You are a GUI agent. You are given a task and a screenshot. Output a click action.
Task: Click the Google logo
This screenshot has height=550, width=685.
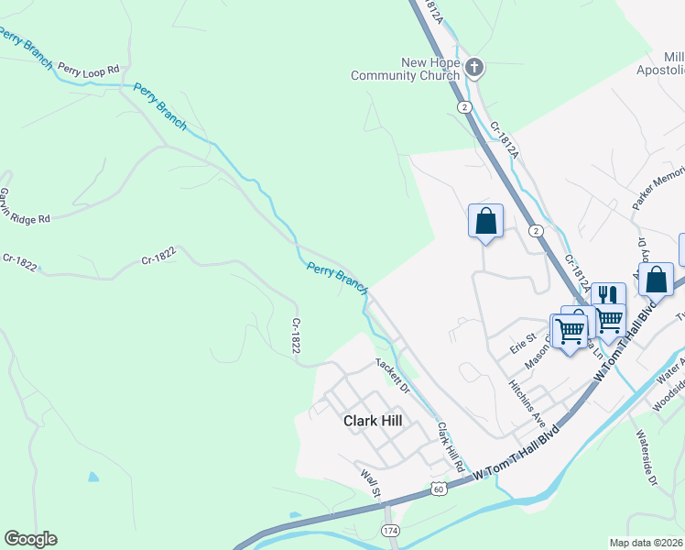[x=30, y=539]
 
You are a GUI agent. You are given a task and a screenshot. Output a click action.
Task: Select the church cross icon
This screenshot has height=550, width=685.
[x=474, y=67]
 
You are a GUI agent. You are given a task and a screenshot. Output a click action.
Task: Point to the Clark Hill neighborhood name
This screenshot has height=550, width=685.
[x=373, y=421]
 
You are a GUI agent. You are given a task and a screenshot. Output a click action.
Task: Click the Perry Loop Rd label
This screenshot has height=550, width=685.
[x=89, y=69]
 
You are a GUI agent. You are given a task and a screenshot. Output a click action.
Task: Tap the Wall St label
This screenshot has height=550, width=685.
[x=371, y=485]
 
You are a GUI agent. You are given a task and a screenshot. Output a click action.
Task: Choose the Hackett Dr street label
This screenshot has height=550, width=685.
[x=392, y=375]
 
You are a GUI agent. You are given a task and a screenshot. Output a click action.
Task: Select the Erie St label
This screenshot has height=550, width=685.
[x=522, y=346]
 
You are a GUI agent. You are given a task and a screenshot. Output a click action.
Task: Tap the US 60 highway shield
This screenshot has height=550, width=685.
[x=441, y=489]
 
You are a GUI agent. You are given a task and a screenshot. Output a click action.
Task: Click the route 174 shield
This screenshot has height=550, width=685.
[x=391, y=531]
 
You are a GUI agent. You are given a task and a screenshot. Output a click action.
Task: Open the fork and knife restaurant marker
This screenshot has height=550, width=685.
[x=608, y=295]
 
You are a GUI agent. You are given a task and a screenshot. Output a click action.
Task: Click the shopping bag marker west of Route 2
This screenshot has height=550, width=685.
[x=485, y=221]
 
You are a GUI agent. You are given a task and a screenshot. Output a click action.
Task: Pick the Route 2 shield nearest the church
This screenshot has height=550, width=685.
[x=465, y=107]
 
